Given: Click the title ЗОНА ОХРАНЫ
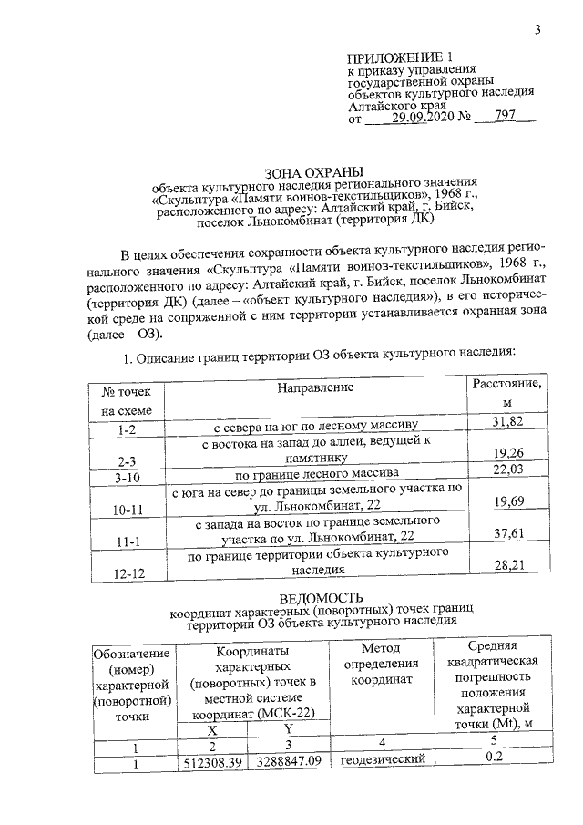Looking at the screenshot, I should point(314,170).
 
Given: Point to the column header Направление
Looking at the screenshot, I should point(316,387).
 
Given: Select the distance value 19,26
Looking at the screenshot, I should point(510,453).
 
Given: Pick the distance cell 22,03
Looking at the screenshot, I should point(510,470).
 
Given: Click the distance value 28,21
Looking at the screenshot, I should point(510,566).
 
